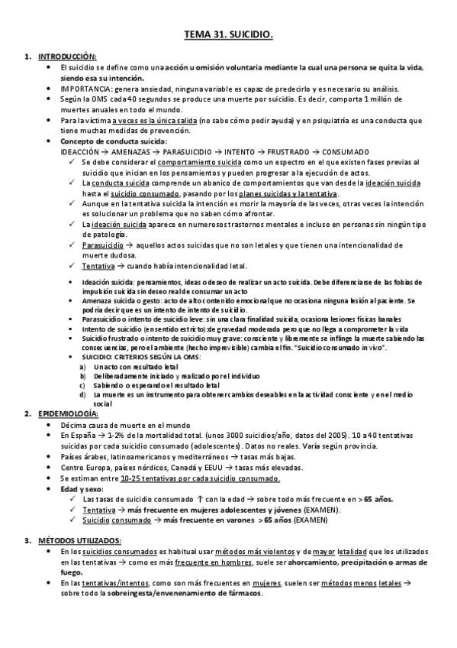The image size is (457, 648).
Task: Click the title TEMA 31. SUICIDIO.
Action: [229, 35]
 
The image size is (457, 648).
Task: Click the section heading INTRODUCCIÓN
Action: [67, 57]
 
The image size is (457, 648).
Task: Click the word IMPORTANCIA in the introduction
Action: [82, 89]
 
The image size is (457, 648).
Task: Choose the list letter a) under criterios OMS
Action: [83, 367]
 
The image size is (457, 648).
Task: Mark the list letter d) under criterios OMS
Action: [83, 394]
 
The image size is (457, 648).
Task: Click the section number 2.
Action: [27, 413]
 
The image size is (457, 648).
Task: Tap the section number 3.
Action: [27, 541]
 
